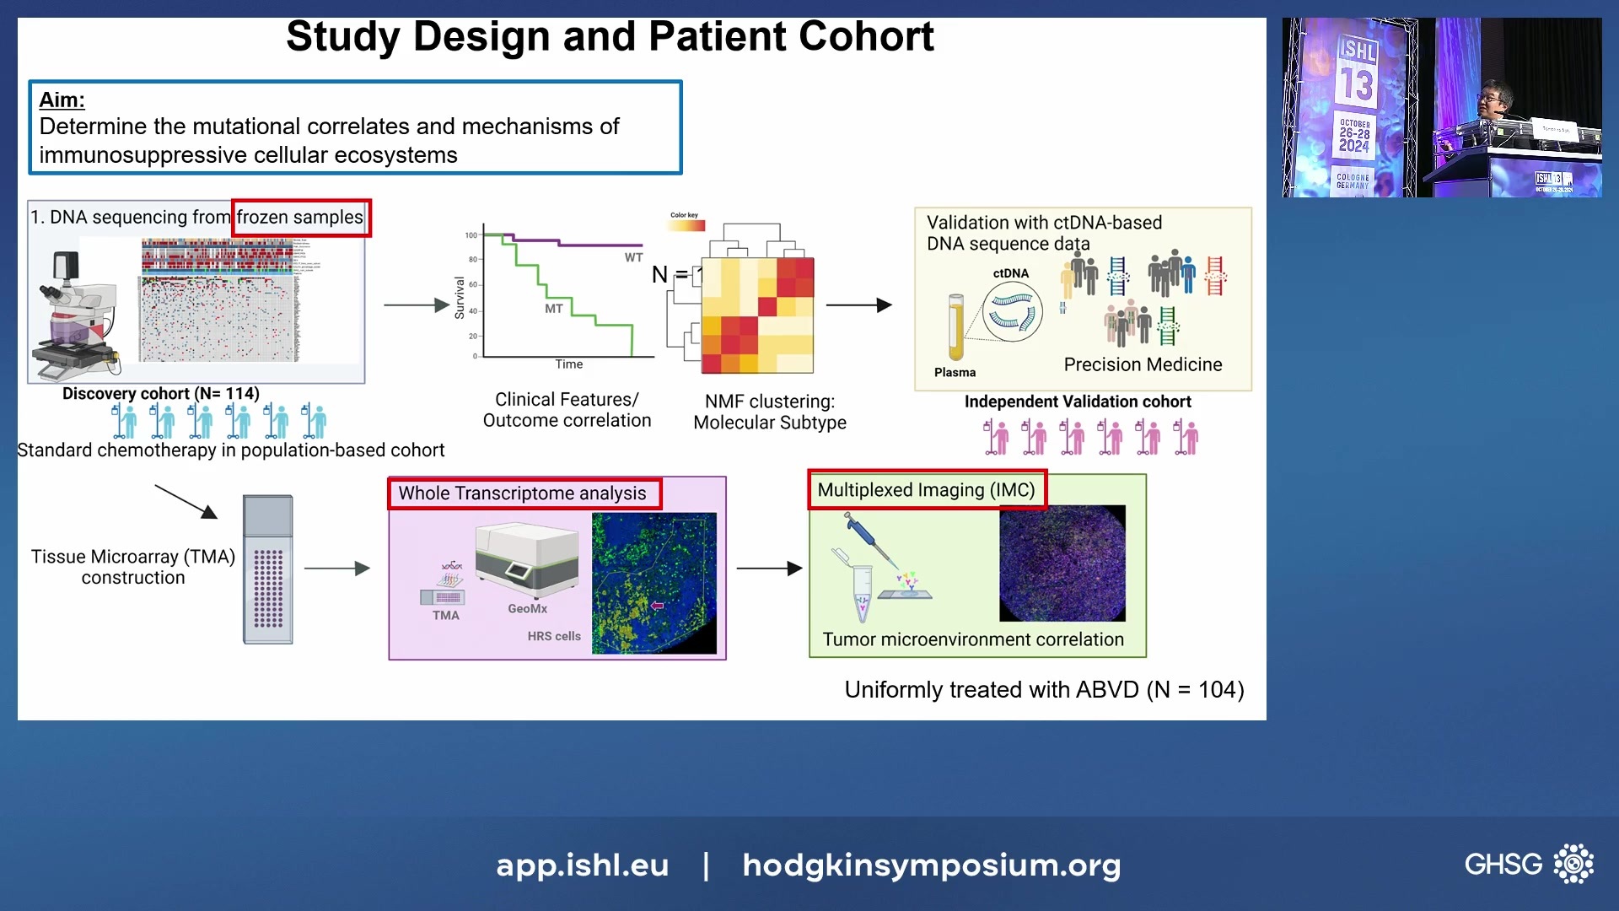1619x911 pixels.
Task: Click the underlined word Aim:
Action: [62, 100]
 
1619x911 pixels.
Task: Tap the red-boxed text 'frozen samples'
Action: [299, 218]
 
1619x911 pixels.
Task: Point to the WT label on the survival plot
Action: [633, 257]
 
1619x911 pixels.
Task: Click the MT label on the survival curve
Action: [553, 309]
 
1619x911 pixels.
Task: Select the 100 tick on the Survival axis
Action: [471, 235]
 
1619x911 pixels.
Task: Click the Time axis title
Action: [568, 364]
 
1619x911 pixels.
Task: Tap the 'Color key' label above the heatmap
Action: [684, 215]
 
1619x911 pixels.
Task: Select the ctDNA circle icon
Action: [1012, 312]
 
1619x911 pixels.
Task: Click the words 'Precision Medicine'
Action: [1142, 364]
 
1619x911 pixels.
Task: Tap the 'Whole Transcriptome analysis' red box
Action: [523, 493]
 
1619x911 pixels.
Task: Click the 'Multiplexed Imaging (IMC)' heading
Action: [926, 490]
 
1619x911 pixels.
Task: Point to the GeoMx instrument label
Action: [527, 608]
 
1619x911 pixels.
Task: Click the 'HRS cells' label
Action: [554, 636]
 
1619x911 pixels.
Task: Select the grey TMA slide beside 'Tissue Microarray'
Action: [268, 570]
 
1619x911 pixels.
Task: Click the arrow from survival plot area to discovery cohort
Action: [417, 305]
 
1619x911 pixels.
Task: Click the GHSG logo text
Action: [1503, 865]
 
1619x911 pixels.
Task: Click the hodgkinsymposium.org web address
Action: [931, 865]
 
